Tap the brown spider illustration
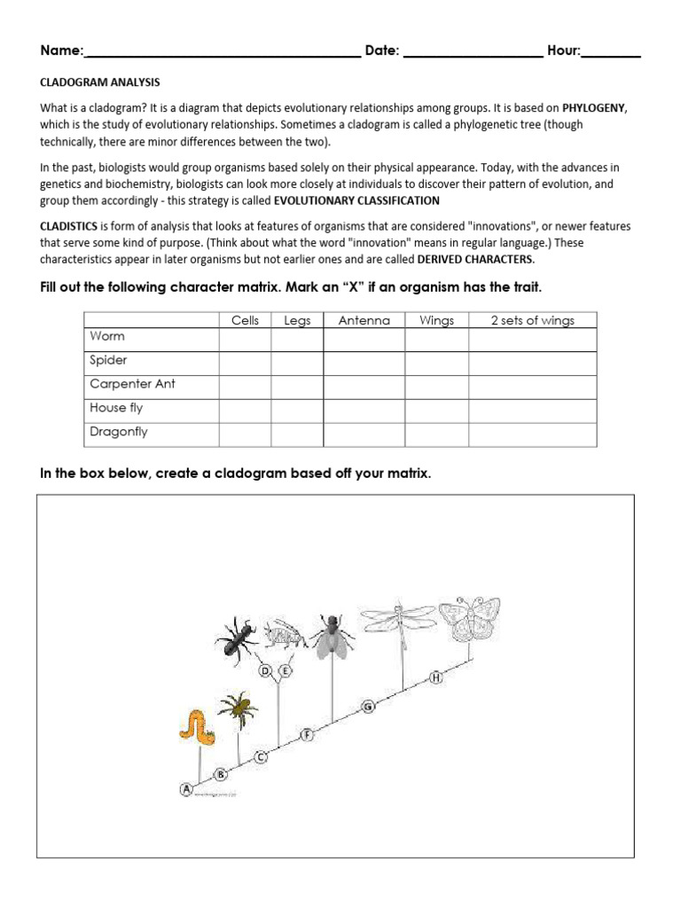[236, 709]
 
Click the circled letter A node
[187, 788]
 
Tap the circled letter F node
[308, 734]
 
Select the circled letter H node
[436, 678]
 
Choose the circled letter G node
[368, 706]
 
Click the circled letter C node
[261, 756]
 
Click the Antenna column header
[364, 320]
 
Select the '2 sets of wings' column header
[532, 320]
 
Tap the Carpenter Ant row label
[133, 384]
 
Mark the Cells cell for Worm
[245, 340]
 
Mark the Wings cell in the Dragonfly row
[436, 434]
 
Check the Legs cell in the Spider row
[297, 364]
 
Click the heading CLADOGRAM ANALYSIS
[100, 82]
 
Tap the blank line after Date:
[473, 51]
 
